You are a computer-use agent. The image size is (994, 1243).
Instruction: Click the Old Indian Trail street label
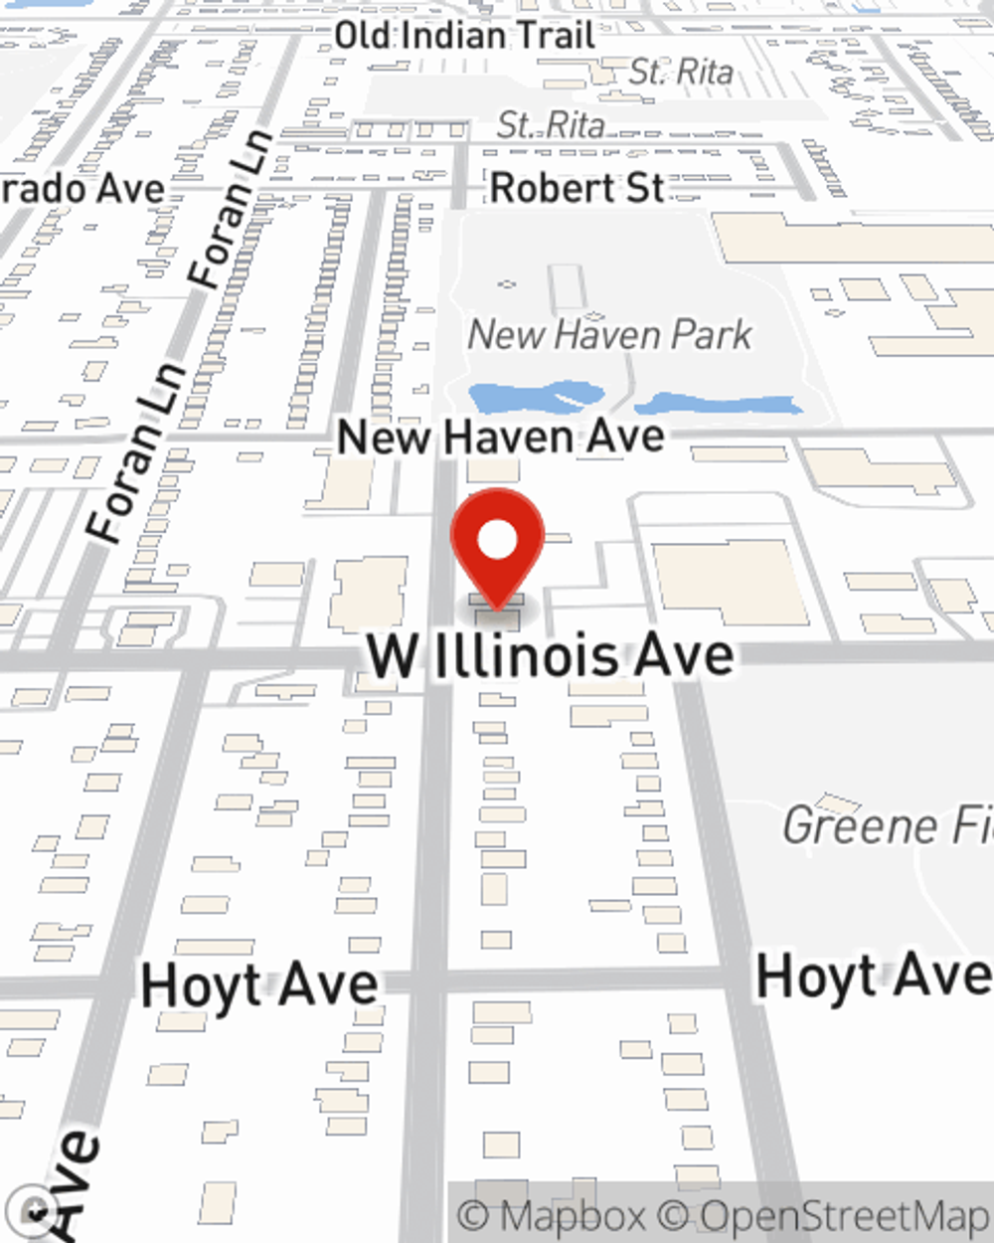coord(464,36)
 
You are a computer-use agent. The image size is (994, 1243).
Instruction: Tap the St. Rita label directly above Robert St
coord(551,125)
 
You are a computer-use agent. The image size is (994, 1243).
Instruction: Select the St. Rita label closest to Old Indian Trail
coord(681,72)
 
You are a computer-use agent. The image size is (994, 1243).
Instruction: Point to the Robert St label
coord(578,188)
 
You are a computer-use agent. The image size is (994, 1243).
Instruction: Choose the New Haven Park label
coord(609,335)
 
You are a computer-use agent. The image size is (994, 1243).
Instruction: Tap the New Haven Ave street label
coord(501,437)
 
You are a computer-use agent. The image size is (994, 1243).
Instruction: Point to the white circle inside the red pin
coord(497,542)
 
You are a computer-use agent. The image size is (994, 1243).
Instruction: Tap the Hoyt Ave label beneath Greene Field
coord(873,976)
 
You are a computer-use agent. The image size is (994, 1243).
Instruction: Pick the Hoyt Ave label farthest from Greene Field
coord(259,985)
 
